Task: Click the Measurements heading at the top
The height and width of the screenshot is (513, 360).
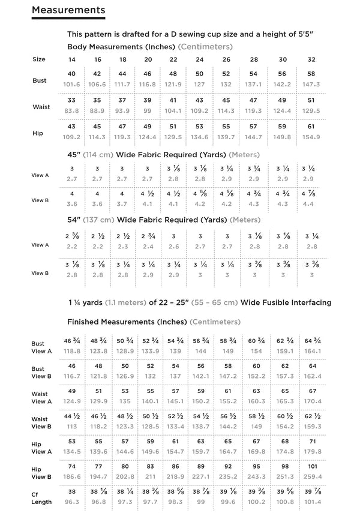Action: click(x=68, y=10)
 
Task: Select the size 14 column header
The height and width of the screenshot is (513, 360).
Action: click(x=71, y=59)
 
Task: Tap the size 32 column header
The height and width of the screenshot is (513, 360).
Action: click(x=311, y=59)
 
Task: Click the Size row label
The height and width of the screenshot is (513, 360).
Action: click(x=39, y=59)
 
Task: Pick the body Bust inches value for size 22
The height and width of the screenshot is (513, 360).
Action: click(x=173, y=73)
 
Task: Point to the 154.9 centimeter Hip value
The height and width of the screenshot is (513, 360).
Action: click(x=311, y=137)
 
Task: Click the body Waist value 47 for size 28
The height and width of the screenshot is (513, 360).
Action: click(x=253, y=100)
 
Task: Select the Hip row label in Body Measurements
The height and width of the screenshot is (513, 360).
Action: click(x=38, y=133)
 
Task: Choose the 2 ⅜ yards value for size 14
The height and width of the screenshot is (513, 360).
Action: click(x=71, y=236)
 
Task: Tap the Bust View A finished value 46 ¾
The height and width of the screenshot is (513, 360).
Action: click(x=71, y=340)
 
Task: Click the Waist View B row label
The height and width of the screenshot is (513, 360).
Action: click(x=41, y=422)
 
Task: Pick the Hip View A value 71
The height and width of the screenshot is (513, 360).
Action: click(x=311, y=440)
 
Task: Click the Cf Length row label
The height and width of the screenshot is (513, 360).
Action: click(x=41, y=497)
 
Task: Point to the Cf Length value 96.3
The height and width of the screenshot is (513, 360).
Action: click(x=71, y=502)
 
